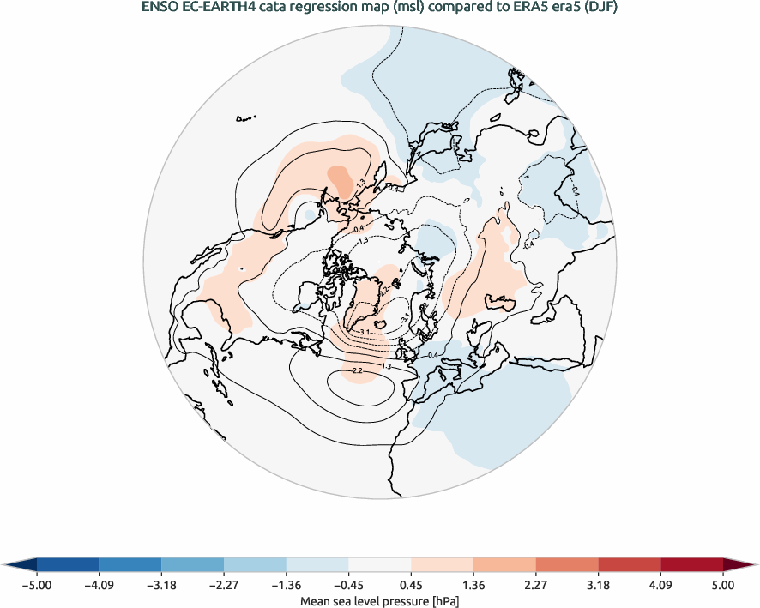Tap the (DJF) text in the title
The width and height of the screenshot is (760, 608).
pos(600,9)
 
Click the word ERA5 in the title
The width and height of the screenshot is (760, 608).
pos(539,9)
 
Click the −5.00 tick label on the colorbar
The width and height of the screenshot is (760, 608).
pos(36,586)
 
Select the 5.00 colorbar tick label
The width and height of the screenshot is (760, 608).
pos(723,586)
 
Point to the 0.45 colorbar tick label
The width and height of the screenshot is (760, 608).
pos(411,586)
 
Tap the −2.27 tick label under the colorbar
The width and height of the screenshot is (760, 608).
pos(224,586)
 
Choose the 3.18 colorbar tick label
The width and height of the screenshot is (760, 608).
pos(598,586)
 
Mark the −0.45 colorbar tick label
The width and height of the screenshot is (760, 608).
pos(348,586)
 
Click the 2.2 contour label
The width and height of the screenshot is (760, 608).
pos(358,370)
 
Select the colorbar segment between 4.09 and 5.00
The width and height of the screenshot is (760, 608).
pos(691,564)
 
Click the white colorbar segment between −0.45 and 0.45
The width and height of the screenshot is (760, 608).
pos(380,564)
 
